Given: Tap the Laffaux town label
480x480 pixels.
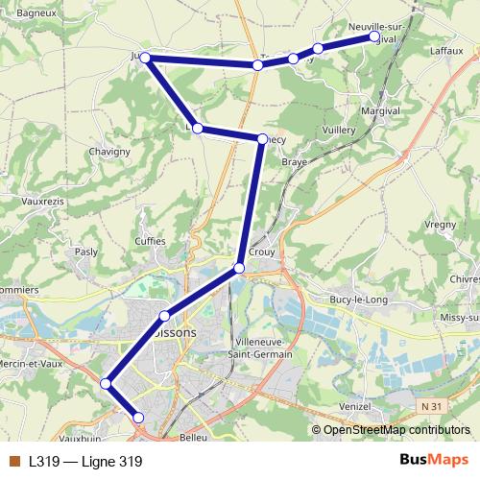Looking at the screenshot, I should pos(445,48).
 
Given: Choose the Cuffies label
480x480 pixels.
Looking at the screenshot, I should pos(150,241).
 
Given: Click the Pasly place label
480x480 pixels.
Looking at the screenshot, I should pos(86,252).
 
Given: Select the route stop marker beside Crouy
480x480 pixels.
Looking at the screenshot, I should pos(239,267).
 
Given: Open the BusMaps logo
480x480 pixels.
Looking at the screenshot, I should pos(434,461).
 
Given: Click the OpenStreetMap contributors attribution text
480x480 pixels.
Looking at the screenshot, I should pos(393,429).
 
